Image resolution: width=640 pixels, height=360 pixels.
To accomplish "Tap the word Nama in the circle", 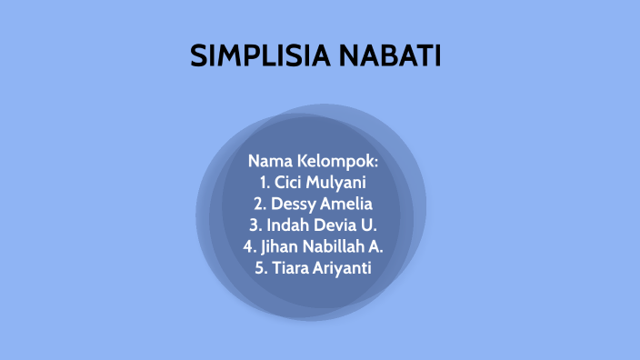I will [x=269, y=161].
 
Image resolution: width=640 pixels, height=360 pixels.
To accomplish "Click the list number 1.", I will [x=263, y=182].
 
